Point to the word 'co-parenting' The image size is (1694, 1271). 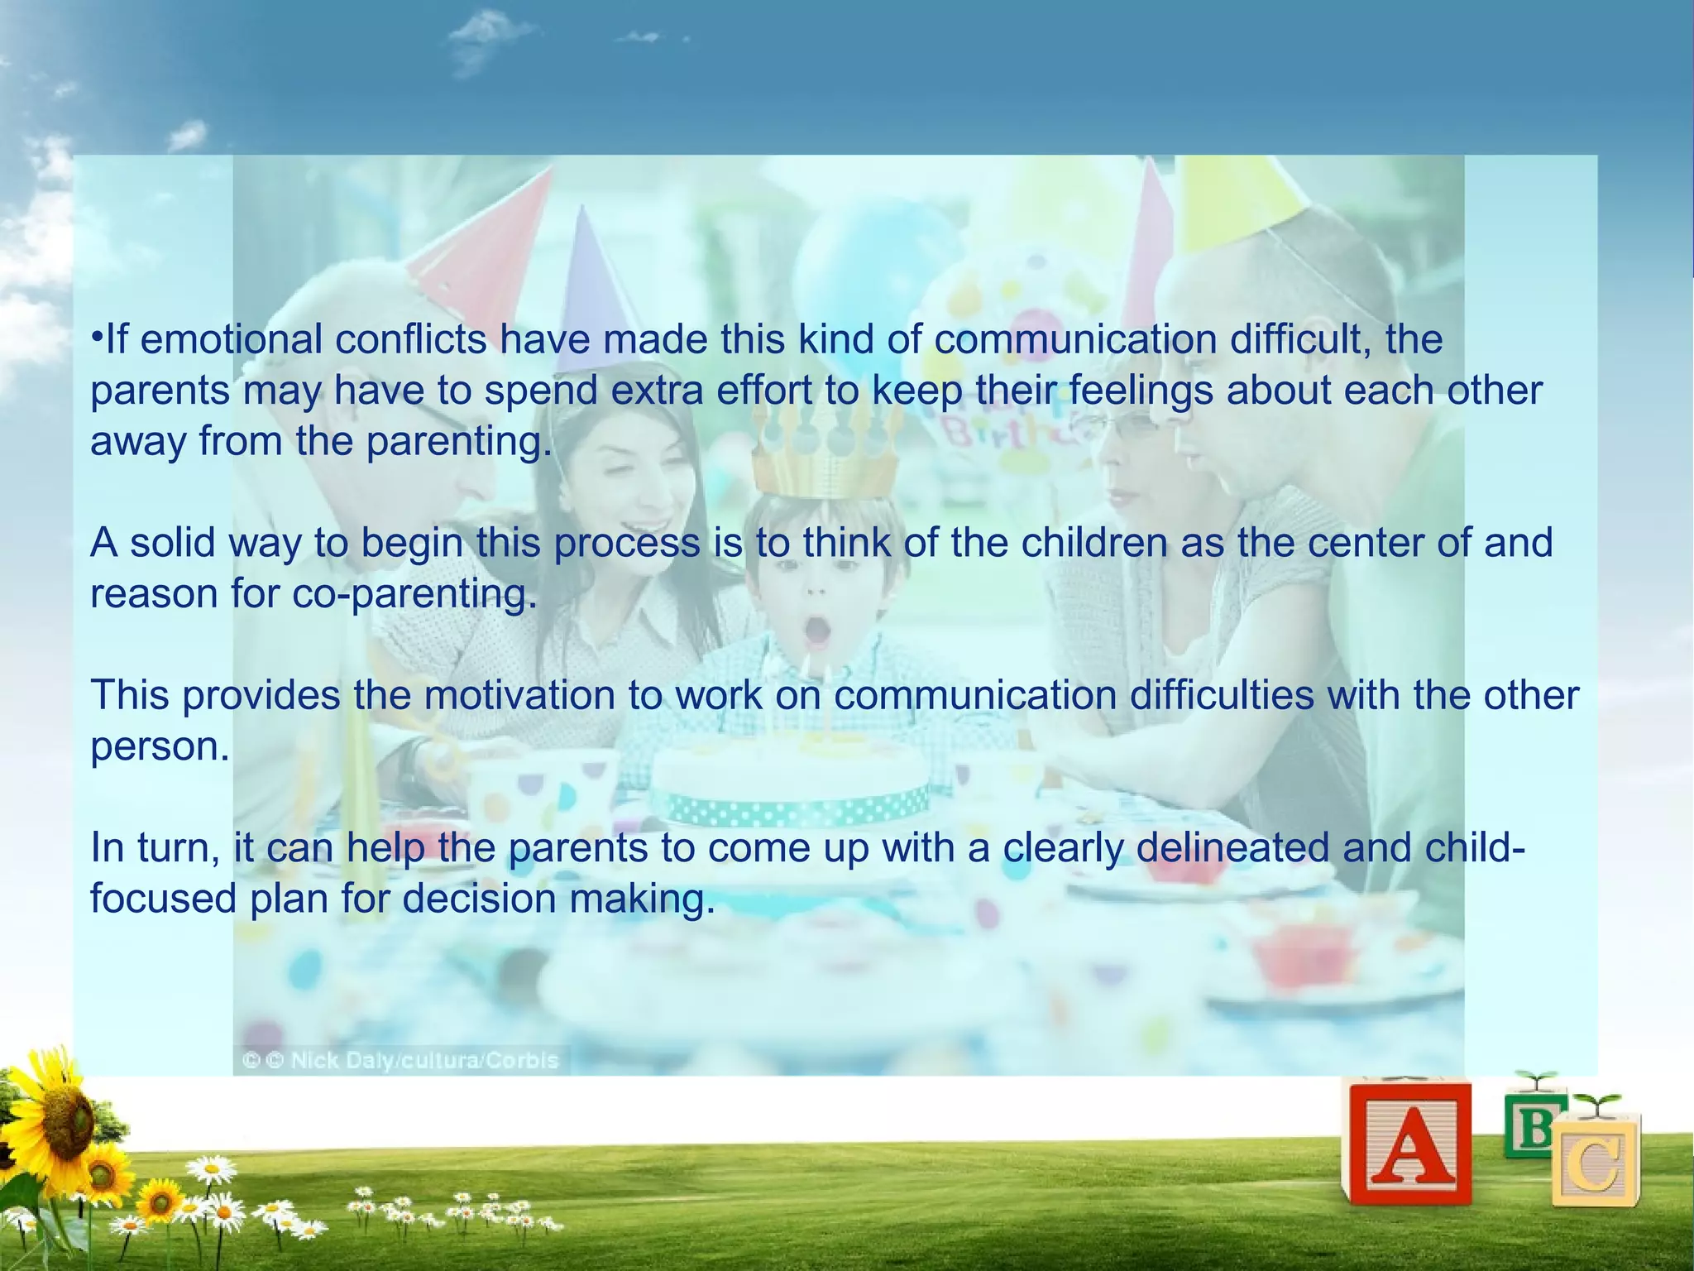point(415,594)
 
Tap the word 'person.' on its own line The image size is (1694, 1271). point(160,746)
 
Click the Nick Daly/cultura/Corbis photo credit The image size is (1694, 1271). point(401,1060)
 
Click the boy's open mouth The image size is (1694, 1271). point(818,629)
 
